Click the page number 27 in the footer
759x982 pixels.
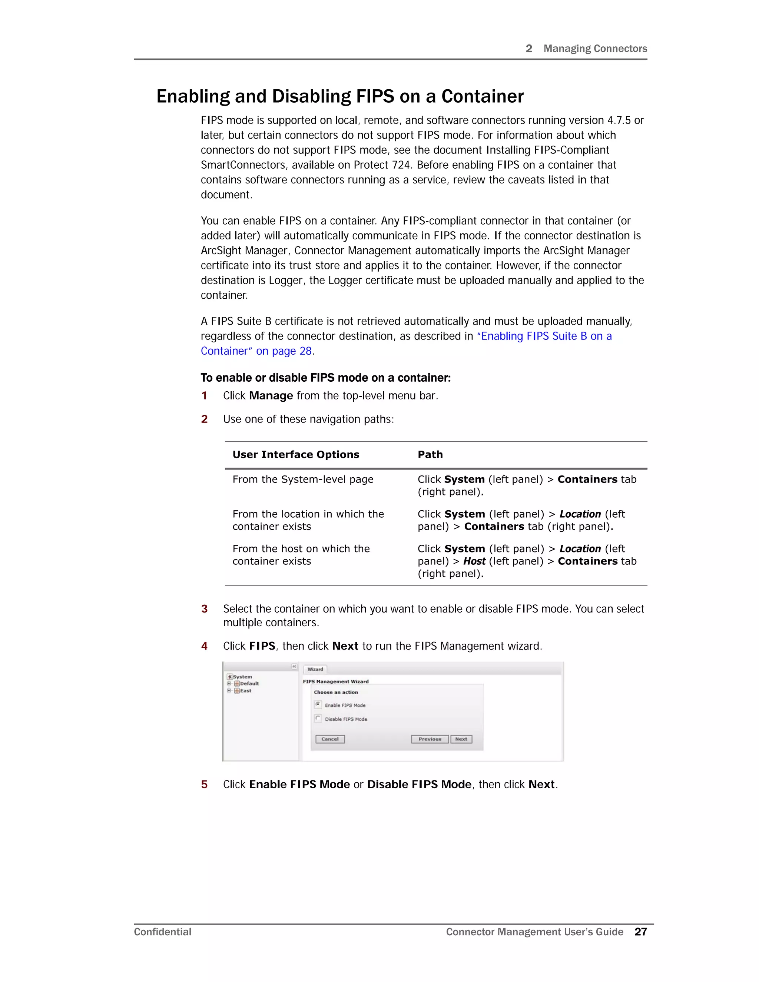[x=640, y=932]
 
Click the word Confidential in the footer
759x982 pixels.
[x=162, y=932]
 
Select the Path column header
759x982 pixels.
[x=430, y=455]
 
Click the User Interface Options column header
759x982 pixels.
[x=295, y=455]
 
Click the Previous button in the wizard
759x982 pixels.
[x=430, y=739]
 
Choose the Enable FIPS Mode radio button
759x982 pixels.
[x=318, y=704]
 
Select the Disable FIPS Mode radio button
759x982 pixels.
[x=318, y=718]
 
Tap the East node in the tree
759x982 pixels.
[x=245, y=691]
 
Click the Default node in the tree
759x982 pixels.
[x=249, y=683]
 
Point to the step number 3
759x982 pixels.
[x=204, y=609]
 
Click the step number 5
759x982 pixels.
[x=204, y=784]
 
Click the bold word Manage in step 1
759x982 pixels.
[x=271, y=396]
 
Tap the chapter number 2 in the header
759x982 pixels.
[x=529, y=49]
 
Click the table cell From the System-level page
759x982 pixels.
[x=303, y=479]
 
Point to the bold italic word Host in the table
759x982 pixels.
[x=474, y=561]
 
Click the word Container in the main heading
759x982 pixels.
[x=482, y=97]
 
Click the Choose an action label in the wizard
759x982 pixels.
[x=335, y=692]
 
